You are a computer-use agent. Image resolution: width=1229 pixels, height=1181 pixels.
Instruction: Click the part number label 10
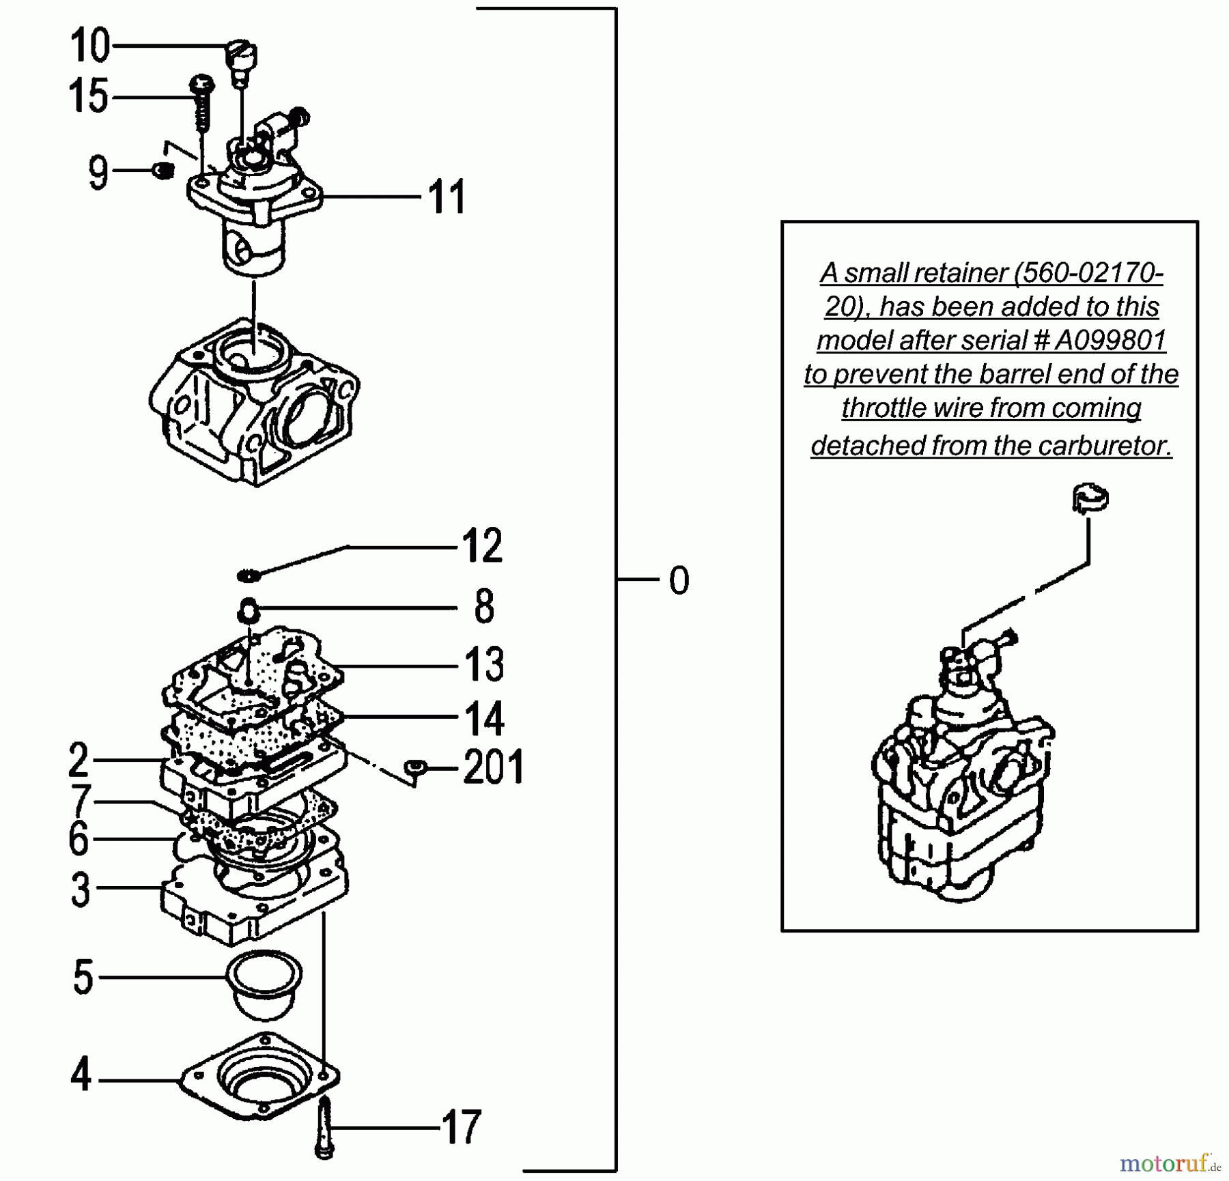pyautogui.click(x=89, y=46)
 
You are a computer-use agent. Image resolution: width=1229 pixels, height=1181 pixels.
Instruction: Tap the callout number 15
pyautogui.click(x=88, y=96)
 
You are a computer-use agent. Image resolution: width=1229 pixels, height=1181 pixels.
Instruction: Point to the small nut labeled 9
pyautogui.click(x=162, y=170)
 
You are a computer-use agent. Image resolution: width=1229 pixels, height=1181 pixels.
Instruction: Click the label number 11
pyautogui.click(x=447, y=197)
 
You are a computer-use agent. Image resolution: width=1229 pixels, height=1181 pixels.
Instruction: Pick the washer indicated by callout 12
pyautogui.click(x=249, y=575)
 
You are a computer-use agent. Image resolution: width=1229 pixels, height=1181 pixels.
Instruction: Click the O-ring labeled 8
pyautogui.click(x=249, y=609)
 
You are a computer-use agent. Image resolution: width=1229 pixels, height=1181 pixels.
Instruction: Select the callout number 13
pyautogui.click(x=483, y=664)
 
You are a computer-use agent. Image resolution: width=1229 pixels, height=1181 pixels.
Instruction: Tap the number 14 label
pyautogui.click(x=483, y=718)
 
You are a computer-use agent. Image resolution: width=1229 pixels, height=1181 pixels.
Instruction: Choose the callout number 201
pyautogui.click(x=493, y=767)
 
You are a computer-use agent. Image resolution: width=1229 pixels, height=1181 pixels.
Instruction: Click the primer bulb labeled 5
pyautogui.click(x=264, y=983)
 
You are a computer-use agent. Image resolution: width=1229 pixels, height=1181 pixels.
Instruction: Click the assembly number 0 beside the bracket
pyautogui.click(x=679, y=580)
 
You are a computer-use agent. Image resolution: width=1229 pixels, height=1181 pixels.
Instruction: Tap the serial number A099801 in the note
pyautogui.click(x=1109, y=340)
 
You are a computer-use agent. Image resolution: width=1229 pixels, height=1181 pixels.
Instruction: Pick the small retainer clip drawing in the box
pyautogui.click(x=1090, y=498)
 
